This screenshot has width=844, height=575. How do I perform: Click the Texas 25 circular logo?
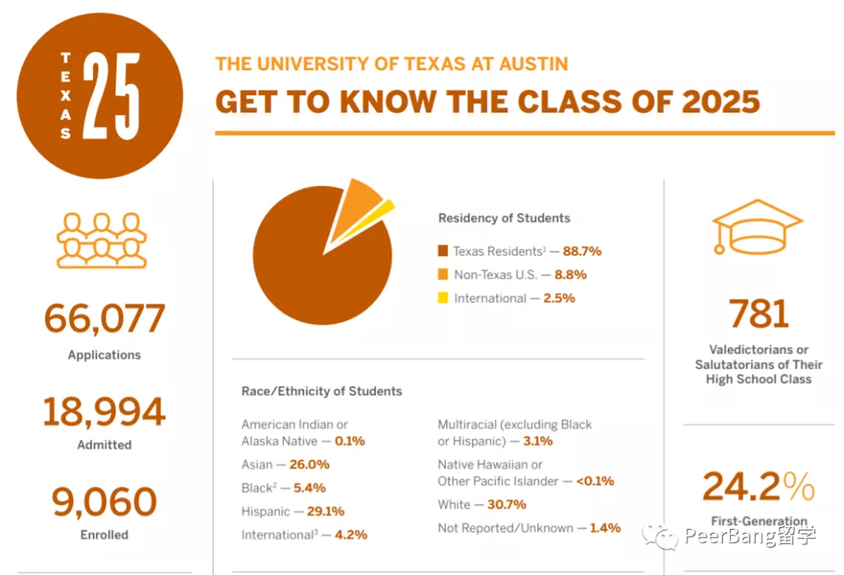pos(99,95)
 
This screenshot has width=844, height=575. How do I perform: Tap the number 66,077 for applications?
pos(104,319)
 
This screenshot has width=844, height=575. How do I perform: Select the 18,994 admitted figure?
pos(104,412)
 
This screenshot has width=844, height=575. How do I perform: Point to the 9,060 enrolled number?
pos(104,502)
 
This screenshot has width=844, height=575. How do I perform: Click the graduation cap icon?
pos(756,226)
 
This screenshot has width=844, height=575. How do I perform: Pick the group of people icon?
pos(102,241)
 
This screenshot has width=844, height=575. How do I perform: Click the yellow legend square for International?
pos(443,298)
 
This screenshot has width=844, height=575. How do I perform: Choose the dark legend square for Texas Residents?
pos(443,251)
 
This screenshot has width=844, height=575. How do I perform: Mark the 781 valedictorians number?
pos(759,314)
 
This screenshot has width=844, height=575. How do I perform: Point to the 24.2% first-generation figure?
pos(758,487)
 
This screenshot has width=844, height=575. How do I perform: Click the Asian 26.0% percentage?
pos(309,465)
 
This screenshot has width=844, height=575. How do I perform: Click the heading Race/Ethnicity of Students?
pos(322,391)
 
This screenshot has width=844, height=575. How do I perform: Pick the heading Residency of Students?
pos(504,219)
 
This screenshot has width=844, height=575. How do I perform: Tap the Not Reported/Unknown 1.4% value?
pos(605,528)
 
